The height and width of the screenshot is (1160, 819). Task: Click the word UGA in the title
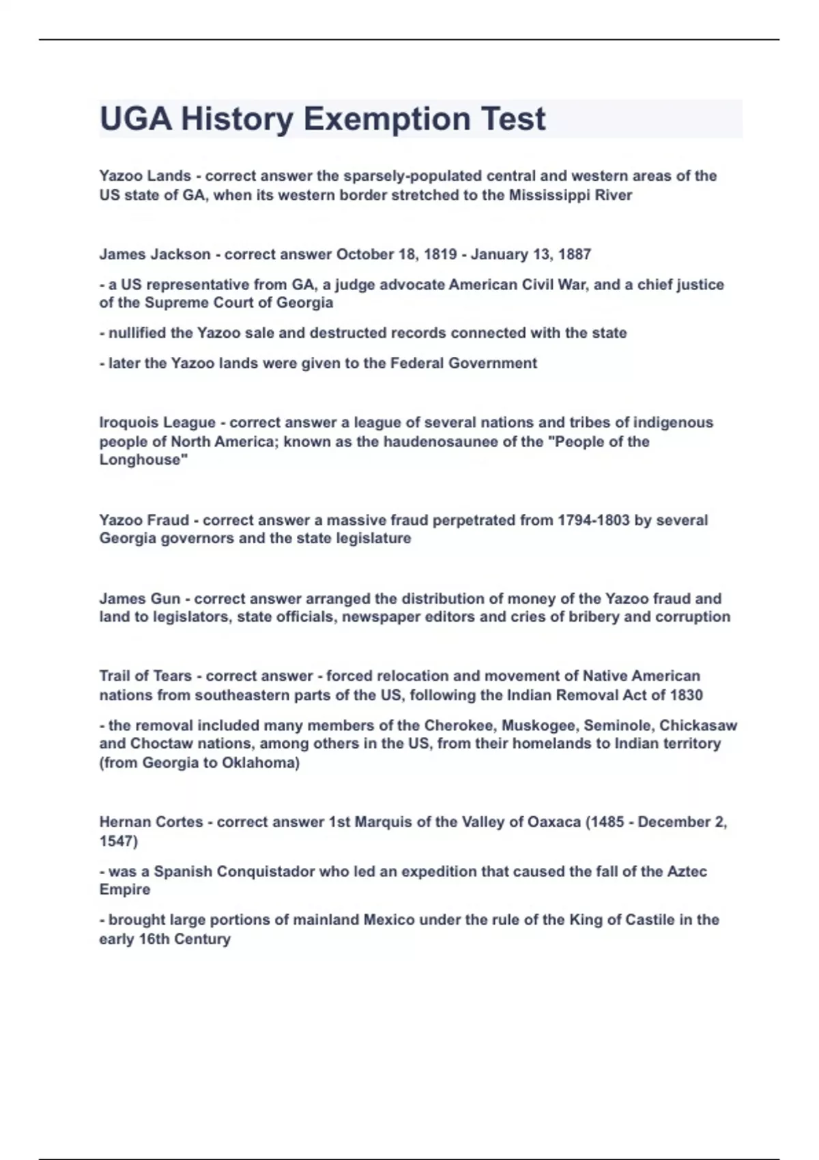coord(135,119)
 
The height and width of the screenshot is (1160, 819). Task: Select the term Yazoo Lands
coord(145,176)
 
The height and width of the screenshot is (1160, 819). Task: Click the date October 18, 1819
coord(397,255)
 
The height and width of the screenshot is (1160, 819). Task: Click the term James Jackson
coord(155,255)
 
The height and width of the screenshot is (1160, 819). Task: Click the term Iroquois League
coord(157,422)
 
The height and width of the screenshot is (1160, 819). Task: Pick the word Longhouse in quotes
coord(143,460)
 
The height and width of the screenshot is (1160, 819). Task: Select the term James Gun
coord(140,598)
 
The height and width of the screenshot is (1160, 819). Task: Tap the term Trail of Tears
coord(145,676)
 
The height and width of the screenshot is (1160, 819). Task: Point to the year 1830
coord(686,695)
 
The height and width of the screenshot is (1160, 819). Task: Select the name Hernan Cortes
coord(151,822)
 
